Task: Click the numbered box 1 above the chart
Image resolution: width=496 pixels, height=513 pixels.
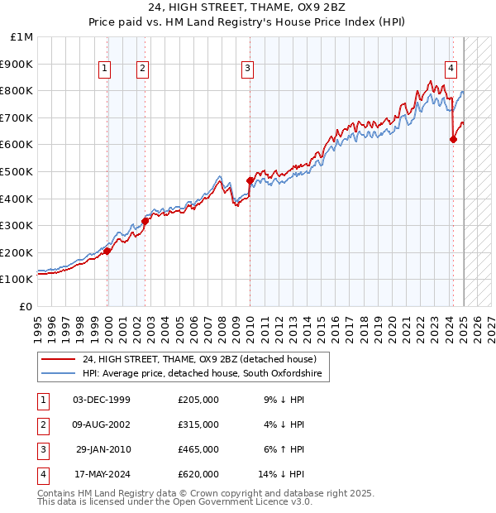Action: point(106,70)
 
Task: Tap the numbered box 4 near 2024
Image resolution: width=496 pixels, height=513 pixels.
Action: point(451,70)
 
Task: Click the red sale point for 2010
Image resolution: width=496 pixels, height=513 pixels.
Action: point(250,180)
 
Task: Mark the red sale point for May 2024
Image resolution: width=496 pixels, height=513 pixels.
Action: point(453,139)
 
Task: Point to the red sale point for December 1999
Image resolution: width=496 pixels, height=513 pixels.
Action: point(107,251)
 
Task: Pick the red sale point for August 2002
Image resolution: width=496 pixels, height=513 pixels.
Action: point(145,221)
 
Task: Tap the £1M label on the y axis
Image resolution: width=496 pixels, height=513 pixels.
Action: point(22,37)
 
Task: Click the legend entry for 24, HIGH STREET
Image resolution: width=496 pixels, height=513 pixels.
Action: point(199,359)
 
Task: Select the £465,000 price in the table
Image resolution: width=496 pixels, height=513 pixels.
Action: point(198,449)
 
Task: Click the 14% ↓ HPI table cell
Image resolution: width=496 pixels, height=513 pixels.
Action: point(282,474)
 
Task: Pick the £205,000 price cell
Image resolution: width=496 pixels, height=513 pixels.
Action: point(198,400)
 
